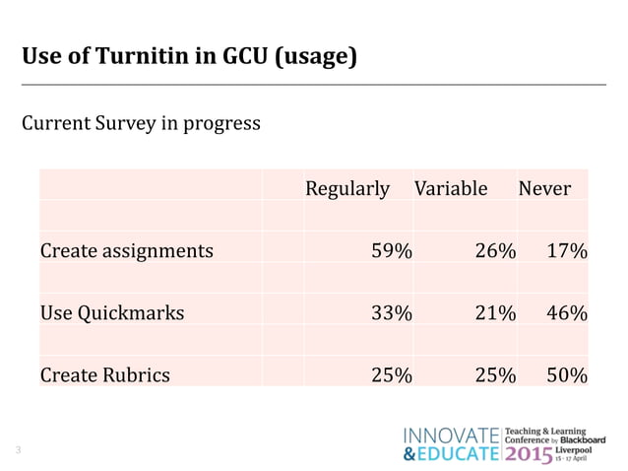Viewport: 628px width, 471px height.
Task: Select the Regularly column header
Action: (347, 188)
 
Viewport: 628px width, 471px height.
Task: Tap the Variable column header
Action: (451, 188)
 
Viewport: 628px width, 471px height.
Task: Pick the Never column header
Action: (544, 188)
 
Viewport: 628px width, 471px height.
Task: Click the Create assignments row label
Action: (126, 250)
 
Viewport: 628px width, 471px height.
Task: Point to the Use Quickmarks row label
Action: (111, 313)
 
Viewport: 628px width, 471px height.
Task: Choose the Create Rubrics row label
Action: (104, 374)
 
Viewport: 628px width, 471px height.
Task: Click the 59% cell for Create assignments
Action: (390, 250)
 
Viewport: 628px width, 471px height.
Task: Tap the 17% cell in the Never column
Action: (567, 250)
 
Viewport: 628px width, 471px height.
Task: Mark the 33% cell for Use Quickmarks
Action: (390, 313)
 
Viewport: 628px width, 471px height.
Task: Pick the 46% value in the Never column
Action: (567, 313)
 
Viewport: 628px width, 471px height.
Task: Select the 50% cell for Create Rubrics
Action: (567, 374)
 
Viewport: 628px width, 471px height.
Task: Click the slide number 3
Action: (18, 451)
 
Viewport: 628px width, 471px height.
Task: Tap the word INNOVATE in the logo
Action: (452, 436)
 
